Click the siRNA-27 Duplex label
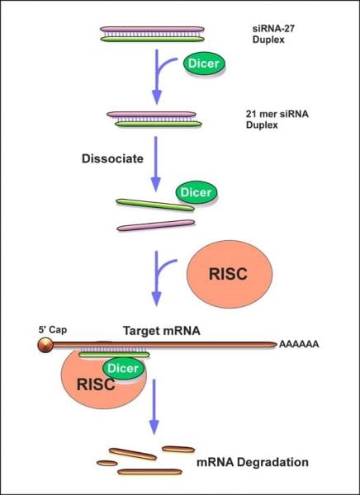(273, 34)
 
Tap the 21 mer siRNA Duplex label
(277, 120)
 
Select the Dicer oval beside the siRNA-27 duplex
(204, 64)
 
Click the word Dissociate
(112, 158)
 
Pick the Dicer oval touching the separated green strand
(197, 192)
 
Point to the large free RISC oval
(230, 274)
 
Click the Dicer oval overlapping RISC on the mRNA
(123, 368)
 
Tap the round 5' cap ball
(45, 345)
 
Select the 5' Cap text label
(53, 330)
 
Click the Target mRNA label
(162, 331)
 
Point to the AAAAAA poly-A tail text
(299, 344)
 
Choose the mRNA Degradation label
(253, 462)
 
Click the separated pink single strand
(156, 225)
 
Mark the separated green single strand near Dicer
(155, 205)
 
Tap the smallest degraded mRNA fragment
(107, 463)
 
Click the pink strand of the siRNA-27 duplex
(153, 29)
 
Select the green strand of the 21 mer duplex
(159, 124)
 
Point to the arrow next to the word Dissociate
(155, 164)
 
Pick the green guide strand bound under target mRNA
(114, 355)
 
